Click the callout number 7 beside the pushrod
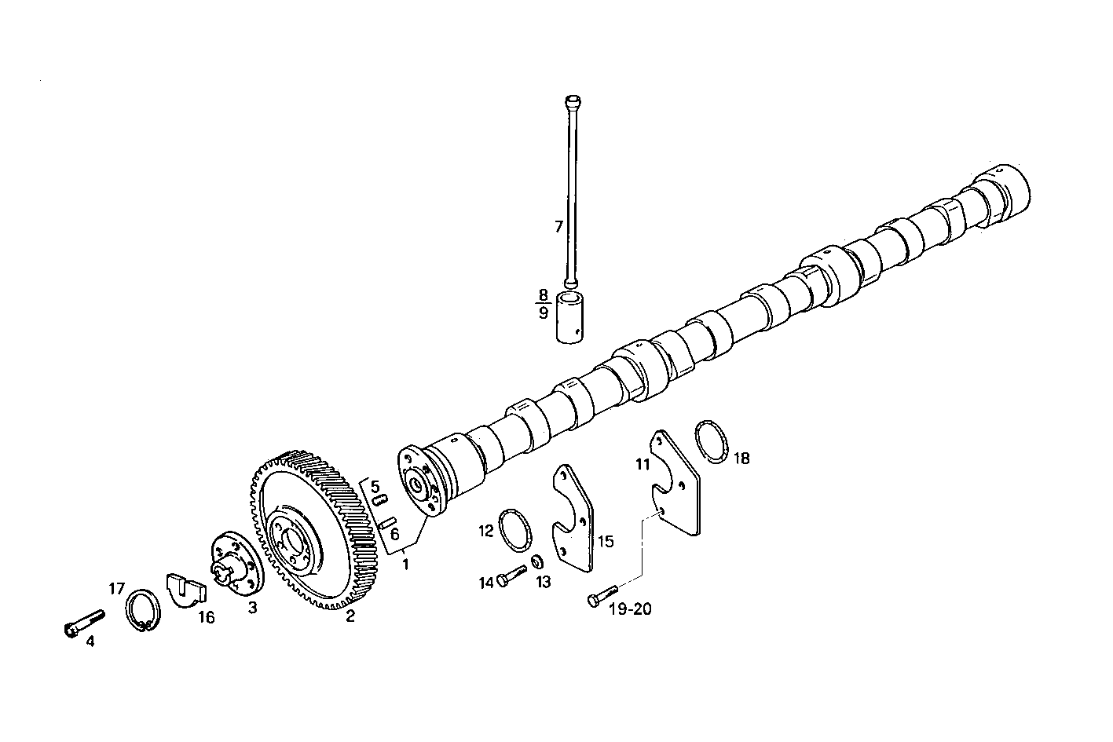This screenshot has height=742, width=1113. pos(558,227)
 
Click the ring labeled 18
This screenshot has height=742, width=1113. pos(712,441)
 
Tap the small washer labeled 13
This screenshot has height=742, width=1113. pos(537,561)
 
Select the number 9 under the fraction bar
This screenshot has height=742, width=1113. pos(544,313)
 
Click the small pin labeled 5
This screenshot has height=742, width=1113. pos(378,499)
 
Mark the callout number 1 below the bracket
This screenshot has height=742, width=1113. pos(405,564)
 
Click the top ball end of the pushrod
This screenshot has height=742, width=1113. pos(572,101)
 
